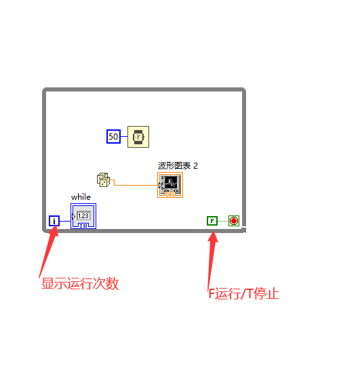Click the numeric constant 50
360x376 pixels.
click(113, 136)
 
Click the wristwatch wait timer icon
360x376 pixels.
click(138, 137)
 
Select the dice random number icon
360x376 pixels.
click(104, 180)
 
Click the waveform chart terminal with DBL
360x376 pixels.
click(170, 185)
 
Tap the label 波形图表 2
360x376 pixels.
click(178, 165)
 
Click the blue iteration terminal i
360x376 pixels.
click(54, 221)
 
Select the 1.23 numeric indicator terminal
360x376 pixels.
click(83, 216)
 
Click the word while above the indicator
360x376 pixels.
click(81, 197)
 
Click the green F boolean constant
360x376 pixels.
click(212, 221)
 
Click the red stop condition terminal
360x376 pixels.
click(234, 221)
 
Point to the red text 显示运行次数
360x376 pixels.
click(80, 283)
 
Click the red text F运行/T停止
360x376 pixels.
click(244, 293)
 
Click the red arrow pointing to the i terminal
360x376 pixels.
click(49, 251)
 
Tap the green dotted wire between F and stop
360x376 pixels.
click(223, 221)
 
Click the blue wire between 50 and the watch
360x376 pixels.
click(124, 136)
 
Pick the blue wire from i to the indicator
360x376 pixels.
click(65, 221)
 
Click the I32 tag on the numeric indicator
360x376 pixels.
click(83, 226)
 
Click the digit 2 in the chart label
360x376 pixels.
click(196, 166)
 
